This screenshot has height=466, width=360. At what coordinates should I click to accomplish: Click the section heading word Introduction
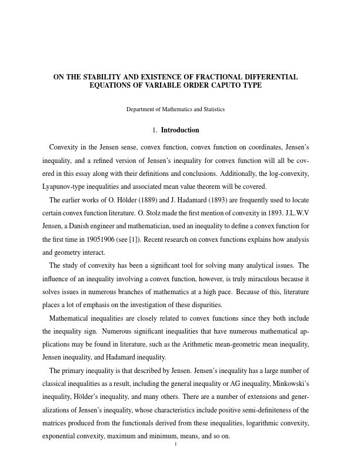pyautogui.click(x=180, y=130)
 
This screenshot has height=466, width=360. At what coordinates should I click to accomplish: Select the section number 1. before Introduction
pyautogui.click(x=155, y=130)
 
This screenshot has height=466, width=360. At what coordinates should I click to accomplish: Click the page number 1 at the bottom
pyautogui.click(x=175, y=444)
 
